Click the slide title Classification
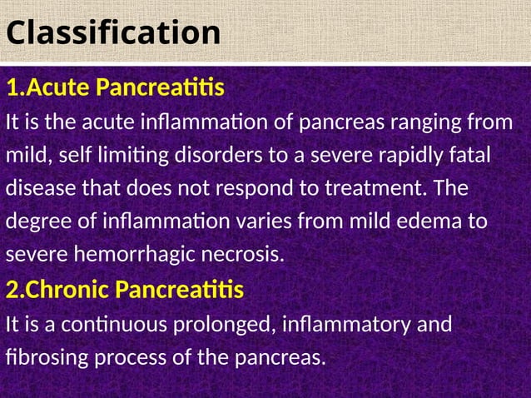click(x=113, y=33)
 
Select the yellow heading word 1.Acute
click(x=47, y=87)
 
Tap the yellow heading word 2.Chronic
click(x=57, y=291)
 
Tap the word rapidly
click(x=399, y=157)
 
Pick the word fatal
click(x=467, y=157)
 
